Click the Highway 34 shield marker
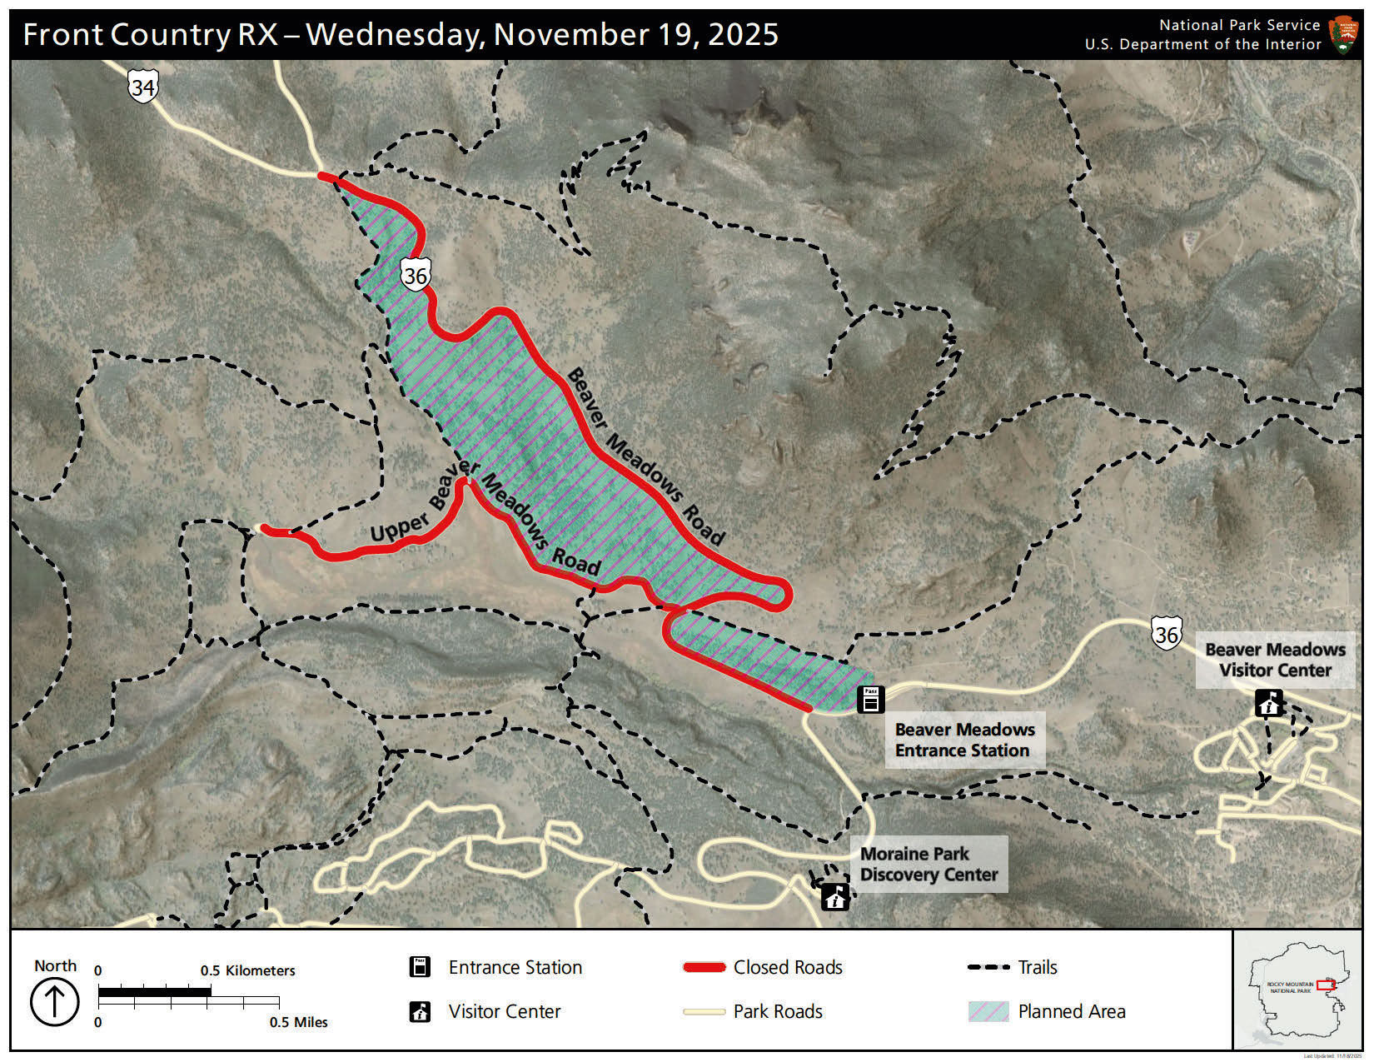tap(143, 86)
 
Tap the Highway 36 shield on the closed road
tap(415, 275)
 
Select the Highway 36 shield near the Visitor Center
tap(1167, 635)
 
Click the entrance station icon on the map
tap(870, 700)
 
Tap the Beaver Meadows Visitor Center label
tap(1275, 660)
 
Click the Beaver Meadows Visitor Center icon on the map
tap(1269, 704)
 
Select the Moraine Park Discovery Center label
tap(928, 864)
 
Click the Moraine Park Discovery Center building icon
tap(835, 896)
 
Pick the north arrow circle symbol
tap(55, 1002)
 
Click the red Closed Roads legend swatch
tap(704, 967)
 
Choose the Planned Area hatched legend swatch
tap(988, 1011)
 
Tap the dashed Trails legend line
tap(988, 967)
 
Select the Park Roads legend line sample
tap(704, 1012)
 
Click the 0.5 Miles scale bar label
tap(298, 1022)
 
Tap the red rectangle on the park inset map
tap(1326, 985)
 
